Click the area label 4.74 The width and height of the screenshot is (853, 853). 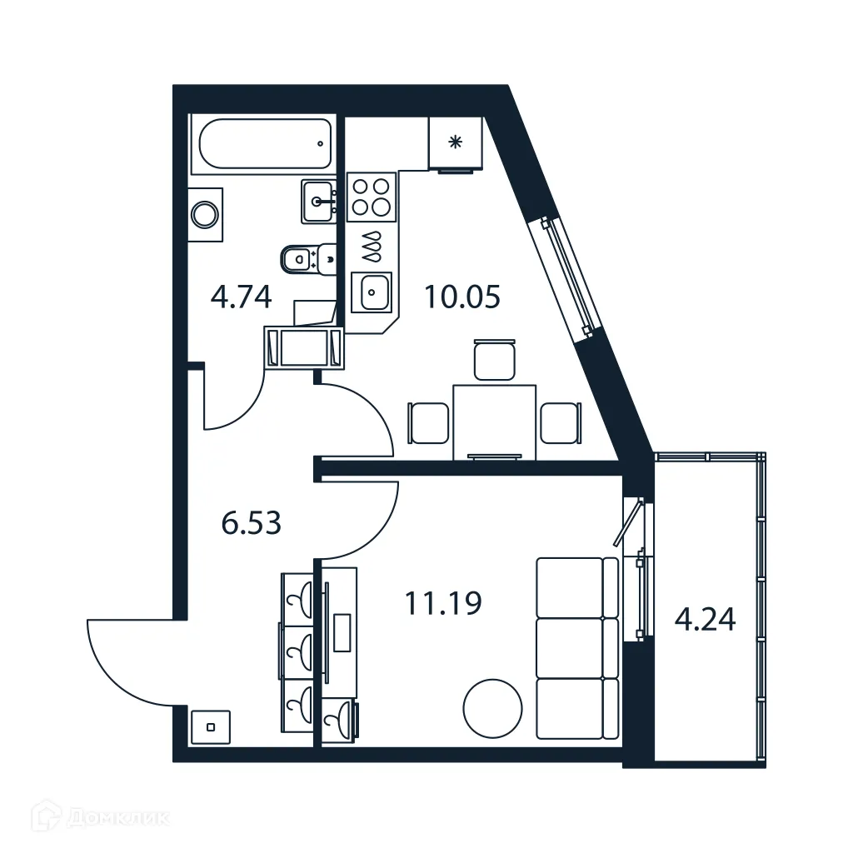[x=242, y=297]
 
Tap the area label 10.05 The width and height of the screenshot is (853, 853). [x=462, y=297]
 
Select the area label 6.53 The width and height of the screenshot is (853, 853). [x=252, y=523]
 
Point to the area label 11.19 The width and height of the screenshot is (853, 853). [x=443, y=603]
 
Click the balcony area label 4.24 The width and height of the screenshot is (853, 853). [x=705, y=620]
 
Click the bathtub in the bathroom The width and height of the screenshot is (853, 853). [x=262, y=143]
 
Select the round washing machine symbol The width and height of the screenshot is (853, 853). [x=205, y=215]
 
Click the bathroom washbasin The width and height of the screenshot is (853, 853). [x=320, y=201]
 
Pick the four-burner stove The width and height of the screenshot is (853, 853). [x=371, y=197]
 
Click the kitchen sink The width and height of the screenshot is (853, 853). [x=372, y=292]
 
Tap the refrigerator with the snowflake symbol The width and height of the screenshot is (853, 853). [x=456, y=142]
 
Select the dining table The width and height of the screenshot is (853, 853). [x=494, y=421]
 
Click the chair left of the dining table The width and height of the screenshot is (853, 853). [x=428, y=423]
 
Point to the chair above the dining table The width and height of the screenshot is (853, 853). [x=495, y=360]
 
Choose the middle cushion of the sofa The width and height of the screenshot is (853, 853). [x=570, y=647]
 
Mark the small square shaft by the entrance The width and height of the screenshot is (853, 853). [x=211, y=726]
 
